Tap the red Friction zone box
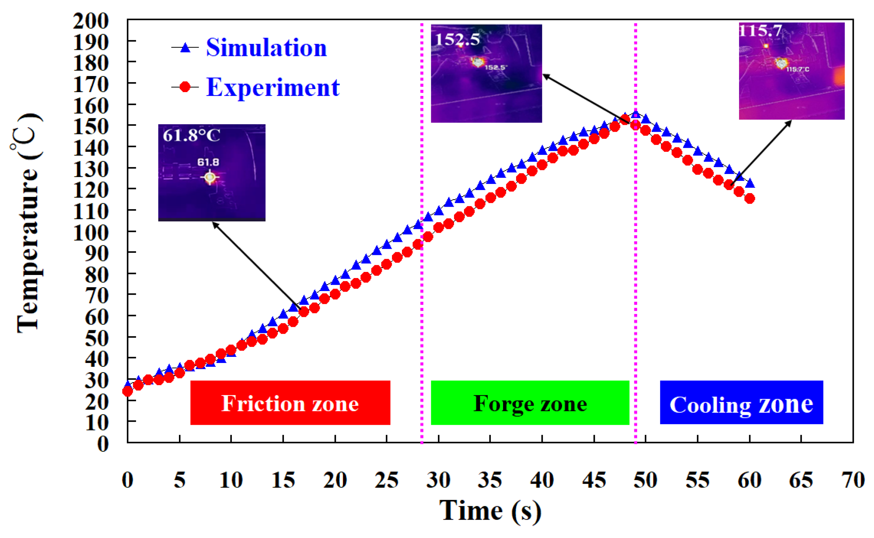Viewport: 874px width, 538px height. point(290,403)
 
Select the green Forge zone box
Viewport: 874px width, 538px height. point(530,403)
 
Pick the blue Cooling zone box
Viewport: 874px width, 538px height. point(741,403)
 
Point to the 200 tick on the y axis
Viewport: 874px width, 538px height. point(91,21)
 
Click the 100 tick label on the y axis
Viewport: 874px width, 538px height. point(91,233)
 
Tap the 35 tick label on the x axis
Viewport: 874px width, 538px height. point(490,480)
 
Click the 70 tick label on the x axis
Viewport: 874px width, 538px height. point(853,480)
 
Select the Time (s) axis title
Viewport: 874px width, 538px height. point(490,511)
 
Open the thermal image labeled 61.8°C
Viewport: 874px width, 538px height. point(211,173)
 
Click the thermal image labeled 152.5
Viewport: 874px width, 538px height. point(486,73)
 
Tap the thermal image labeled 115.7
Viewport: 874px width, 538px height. point(791,71)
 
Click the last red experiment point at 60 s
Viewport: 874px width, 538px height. point(750,199)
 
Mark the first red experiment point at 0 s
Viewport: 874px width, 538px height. point(127,391)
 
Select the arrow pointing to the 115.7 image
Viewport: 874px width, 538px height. point(760,153)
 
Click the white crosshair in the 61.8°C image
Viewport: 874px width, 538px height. point(210,177)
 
